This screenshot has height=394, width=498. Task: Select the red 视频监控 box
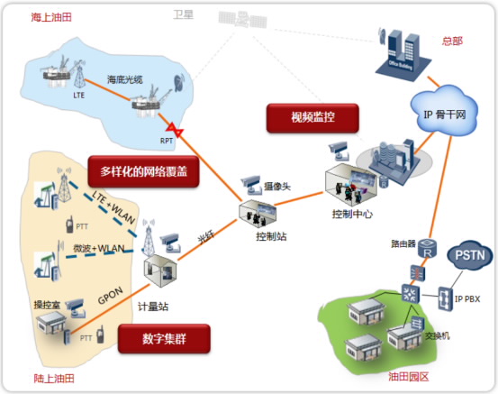pos(313,116)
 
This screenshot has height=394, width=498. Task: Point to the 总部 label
pos(452,41)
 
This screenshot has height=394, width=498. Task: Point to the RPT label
pos(168,141)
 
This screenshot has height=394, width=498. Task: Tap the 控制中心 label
pos(354,214)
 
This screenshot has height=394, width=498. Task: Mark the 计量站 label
pos(152,305)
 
